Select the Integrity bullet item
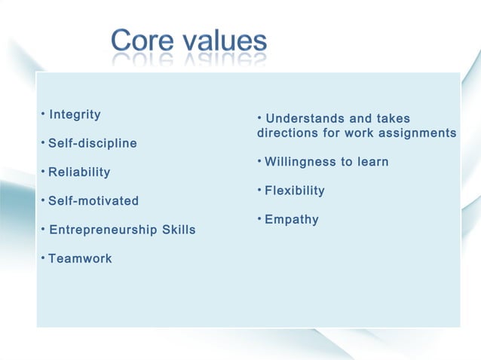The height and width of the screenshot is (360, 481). tap(75, 114)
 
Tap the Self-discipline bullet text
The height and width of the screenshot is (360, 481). tap(93, 143)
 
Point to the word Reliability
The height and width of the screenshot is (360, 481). tap(79, 172)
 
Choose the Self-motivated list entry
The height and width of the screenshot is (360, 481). tap(93, 201)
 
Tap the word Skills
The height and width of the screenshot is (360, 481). tap(179, 230)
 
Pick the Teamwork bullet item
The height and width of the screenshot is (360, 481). tap(80, 258)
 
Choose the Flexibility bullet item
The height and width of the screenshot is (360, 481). tap(295, 191)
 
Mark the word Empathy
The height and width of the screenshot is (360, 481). tap(292, 220)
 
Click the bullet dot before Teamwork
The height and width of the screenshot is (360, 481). tap(43, 258)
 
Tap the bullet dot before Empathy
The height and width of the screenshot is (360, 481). tap(259, 218)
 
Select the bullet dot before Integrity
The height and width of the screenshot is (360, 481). tap(43, 114)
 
